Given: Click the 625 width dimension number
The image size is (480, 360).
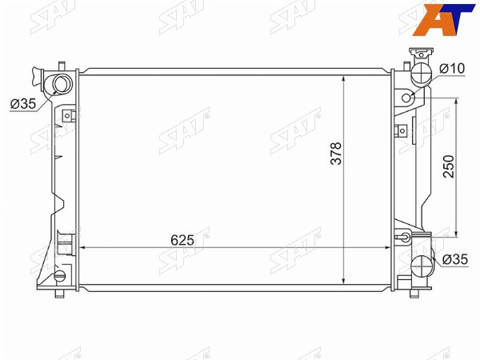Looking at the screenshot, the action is click(x=182, y=240).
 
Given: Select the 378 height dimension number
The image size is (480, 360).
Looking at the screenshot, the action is click(x=336, y=154).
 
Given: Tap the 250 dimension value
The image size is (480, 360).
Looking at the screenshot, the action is click(x=449, y=166).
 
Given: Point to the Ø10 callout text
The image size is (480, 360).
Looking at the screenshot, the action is click(x=452, y=69).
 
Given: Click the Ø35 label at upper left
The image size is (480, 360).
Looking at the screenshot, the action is click(x=23, y=104).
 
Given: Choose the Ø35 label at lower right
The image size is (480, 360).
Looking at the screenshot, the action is click(x=455, y=259).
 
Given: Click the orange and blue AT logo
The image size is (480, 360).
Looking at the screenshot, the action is click(x=442, y=19).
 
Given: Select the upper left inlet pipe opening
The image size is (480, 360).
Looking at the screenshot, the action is click(x=61, y=84).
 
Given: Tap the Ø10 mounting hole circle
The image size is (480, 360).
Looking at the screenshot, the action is click(x=406, y=98).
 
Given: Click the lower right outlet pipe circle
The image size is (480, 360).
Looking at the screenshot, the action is click(x=422, y=266).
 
